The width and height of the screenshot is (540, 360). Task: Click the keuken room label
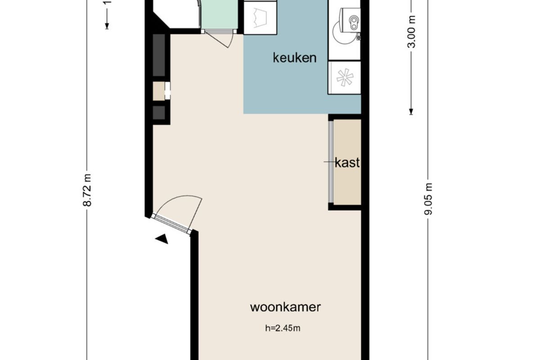point(295,58)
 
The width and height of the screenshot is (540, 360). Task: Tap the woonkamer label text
point(285,307)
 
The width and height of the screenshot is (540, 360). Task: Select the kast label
point(347,162)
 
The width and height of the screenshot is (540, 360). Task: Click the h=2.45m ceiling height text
point(283,328)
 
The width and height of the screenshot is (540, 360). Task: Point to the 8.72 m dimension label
point(87,190)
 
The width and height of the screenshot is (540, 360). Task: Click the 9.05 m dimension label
point(428,199)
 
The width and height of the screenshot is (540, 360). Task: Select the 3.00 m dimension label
point(412,31)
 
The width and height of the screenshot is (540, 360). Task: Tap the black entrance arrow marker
point(162,238)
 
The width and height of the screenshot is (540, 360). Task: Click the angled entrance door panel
point(171,223)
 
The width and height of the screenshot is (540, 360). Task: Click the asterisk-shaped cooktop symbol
point(345,77)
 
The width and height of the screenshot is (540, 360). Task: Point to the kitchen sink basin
point(354,22)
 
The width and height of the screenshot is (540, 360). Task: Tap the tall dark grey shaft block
point(159,55)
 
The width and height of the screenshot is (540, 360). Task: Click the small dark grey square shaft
point(159,112)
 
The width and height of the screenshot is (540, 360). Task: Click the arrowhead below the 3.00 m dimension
point(411,112)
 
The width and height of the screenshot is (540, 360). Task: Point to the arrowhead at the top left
point(107,26)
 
